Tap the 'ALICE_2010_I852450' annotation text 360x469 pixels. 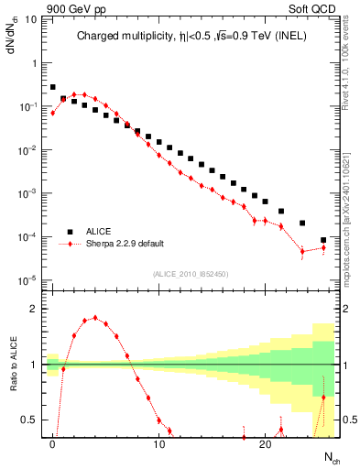pos(191,274)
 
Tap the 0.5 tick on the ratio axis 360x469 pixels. pos(31,420)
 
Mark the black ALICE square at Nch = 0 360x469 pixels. pos(53,87)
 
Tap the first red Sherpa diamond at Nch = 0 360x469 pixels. pos(53,113)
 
